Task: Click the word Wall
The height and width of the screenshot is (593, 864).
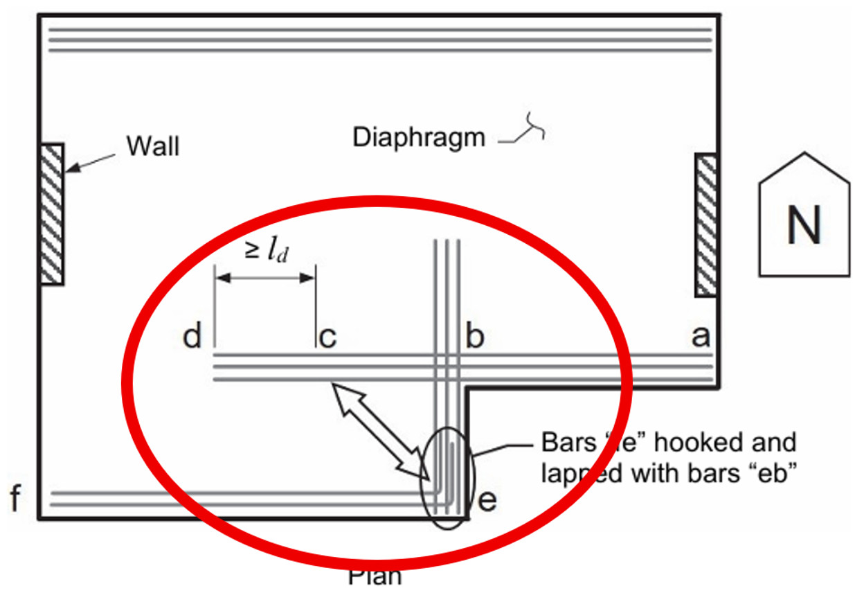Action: tap(152, 146)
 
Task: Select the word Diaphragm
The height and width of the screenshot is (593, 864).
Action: tap(419, 137)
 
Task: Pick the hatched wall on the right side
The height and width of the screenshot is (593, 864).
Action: tap(706, 225)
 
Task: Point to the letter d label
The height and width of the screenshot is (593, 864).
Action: tap(192, 337)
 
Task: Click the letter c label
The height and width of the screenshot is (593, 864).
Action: tap(327, 337)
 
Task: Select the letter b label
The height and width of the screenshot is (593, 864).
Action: tap(474, 337)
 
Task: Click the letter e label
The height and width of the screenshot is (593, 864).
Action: tap(487, 500)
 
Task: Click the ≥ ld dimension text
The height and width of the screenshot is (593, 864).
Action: tap(266, 251)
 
